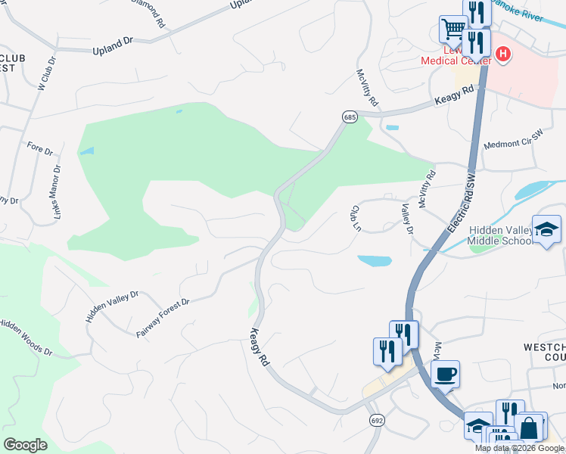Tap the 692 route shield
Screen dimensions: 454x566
coord(376,419)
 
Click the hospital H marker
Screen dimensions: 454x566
coord(503,54)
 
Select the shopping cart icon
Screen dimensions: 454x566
coord(453,30)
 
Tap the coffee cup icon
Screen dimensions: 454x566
coord(445,372)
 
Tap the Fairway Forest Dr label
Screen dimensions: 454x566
coord(162,318)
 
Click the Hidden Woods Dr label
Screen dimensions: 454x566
coord(25,337)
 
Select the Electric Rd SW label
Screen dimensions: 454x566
coord(462,203)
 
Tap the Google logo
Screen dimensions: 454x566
coord(25,444)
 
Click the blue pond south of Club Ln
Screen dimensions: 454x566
coord(375,261)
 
